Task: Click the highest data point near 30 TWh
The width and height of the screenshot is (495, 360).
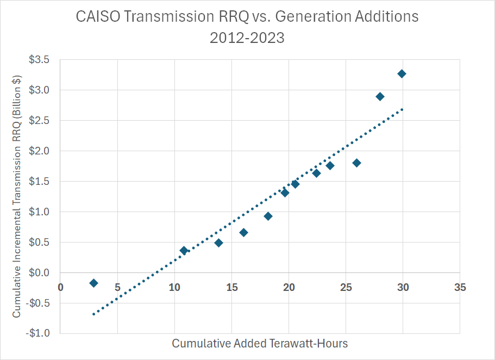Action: tap(402, 74)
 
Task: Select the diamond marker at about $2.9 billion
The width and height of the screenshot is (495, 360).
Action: tap(380, 97)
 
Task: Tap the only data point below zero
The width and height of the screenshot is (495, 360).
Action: tap(93, 283)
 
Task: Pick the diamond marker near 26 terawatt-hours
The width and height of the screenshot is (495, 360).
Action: tap(356, 163)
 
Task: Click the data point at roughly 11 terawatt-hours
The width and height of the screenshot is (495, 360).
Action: tap(184, 251)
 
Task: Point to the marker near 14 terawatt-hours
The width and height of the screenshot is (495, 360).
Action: tap(218, 243)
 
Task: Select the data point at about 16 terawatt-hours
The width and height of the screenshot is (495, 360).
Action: tap(243, 233)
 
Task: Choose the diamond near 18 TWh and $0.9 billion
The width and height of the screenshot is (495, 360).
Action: tap(268, 216)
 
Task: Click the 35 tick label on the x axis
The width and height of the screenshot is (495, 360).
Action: tap(460, 287)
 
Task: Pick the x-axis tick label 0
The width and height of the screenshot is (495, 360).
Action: tap(60, 287)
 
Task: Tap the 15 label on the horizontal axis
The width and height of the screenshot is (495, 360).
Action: tap(231, 287)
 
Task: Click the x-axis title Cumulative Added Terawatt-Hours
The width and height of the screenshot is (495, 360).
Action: tap(260, 344)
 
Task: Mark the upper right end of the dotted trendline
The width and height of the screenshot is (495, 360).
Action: tap(402, 109)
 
